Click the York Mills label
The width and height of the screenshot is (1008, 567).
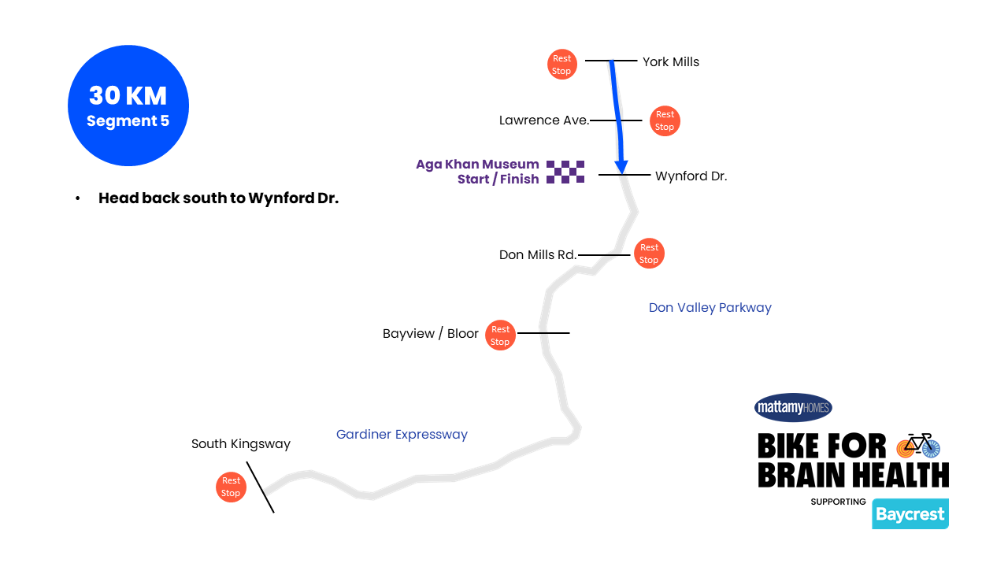[x=670, y=61]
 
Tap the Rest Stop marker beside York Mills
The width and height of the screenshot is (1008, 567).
[x=562, y=65]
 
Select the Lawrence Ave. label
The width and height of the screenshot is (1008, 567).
[x=544, y=120]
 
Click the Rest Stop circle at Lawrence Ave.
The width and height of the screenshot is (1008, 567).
[x=665, y=120]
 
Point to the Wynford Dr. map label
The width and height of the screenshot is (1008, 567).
[x=691, y=176]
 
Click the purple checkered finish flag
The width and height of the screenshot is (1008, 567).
[x=565, y=172]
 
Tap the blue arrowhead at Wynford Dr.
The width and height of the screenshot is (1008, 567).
[x=621, y=167]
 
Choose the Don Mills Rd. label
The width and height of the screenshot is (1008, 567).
[x=538, y=255]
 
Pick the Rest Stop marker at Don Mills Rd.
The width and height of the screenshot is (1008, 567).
[x=649, y=254]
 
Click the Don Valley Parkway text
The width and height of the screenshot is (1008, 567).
[x=710, y=308]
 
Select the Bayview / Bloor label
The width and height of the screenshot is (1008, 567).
[x=431, y=334]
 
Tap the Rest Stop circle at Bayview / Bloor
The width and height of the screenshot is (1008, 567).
[x=500, y=335]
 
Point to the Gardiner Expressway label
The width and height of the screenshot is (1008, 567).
[x=402, y=435]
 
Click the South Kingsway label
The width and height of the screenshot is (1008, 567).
[x=241, y=444]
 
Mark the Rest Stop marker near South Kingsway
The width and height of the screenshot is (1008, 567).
[x=231, y=487]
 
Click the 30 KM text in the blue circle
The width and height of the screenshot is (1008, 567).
[x=128, y=96]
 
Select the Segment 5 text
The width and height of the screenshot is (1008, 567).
[x=128, y=121]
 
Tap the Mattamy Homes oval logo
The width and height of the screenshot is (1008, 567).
[x=793, y=407]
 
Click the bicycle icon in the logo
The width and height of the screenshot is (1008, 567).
[x=918, y=446]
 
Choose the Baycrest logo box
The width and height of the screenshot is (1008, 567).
[x=910, y=514]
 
